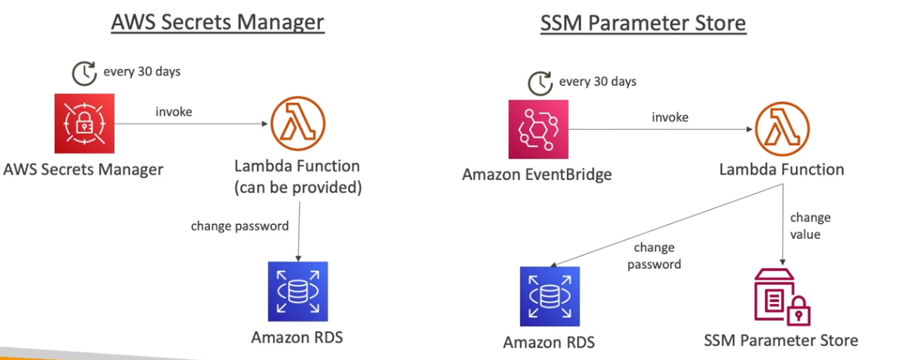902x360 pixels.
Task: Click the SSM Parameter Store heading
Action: pos(642,23)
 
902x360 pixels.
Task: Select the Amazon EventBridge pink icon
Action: pos(537,130)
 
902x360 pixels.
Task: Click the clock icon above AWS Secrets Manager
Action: pos(84,73)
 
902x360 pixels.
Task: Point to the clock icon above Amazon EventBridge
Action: pos(540,83)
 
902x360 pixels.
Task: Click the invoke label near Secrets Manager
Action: pos(173,112)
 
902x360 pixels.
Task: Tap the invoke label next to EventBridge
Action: pos(670,117)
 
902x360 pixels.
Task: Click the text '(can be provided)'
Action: pos(297,187)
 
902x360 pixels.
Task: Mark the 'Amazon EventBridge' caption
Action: pos(537,174)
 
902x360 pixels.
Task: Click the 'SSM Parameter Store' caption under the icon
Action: pos(781,340)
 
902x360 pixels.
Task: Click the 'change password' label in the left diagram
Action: pos(240,226)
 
